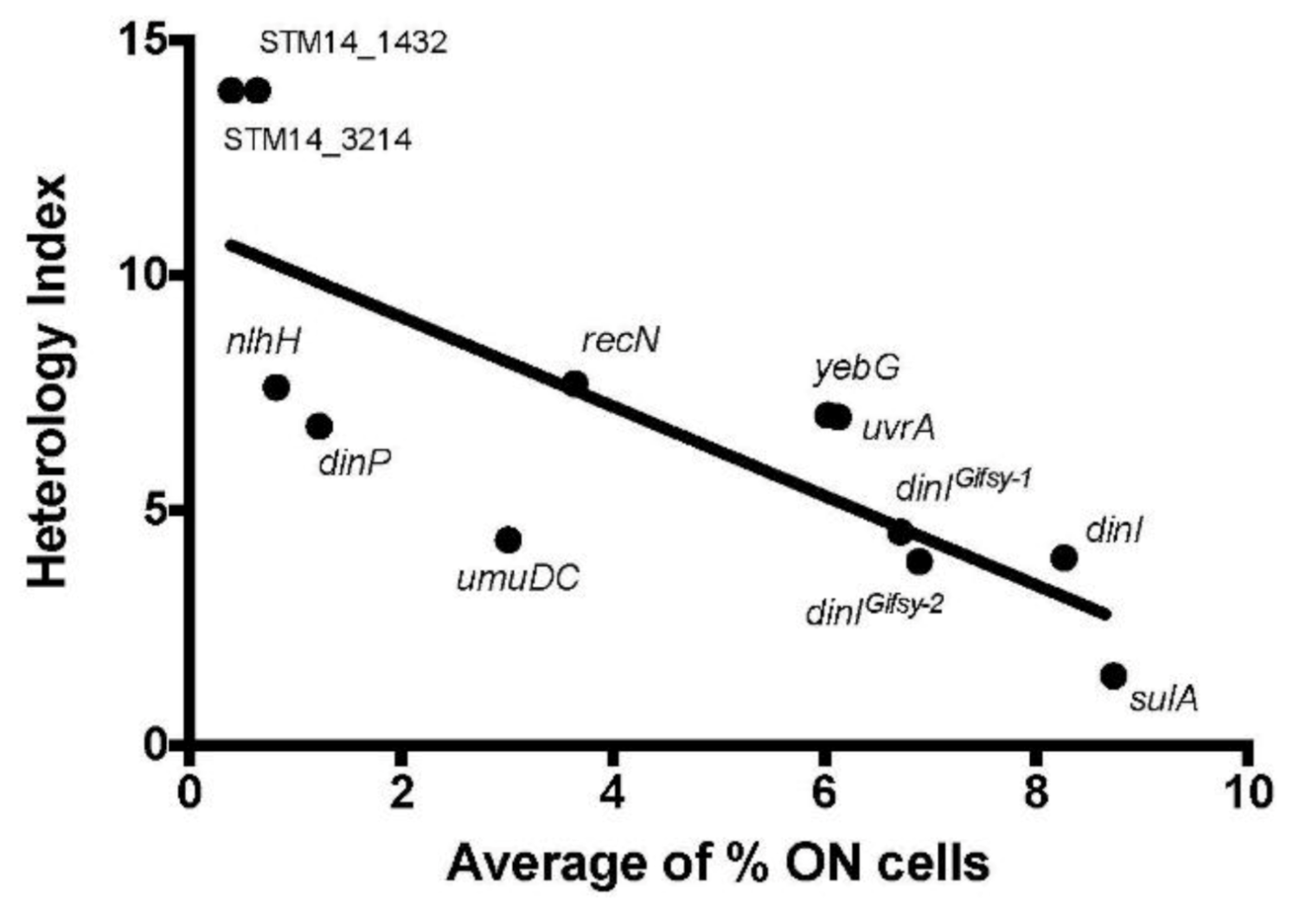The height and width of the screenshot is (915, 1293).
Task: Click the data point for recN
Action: coord(575,383)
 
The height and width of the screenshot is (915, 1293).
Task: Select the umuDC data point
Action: coord(509,541)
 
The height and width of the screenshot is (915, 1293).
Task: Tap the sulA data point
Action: coord(1114,675)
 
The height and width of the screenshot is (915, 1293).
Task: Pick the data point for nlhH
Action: coord(276,387)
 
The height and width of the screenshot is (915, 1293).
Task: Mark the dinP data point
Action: coord(319,426)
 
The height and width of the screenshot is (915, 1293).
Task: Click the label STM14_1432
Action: coord(353,42)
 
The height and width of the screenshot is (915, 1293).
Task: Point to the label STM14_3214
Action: coord(317,140)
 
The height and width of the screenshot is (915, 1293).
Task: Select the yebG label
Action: coord(856,369)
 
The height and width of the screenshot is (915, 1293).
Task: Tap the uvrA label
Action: coord(899,428)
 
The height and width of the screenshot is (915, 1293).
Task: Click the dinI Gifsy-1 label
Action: coord(963,486)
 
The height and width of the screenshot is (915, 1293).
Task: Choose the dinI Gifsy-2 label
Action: coord(874,610)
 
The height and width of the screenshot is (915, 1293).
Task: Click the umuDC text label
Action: coord(517,579)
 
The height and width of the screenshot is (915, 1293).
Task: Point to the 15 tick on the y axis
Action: coord(143,42)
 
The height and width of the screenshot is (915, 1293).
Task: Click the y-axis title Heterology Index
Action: coord(48,381)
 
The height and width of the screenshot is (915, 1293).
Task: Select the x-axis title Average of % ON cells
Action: coord(718,863)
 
